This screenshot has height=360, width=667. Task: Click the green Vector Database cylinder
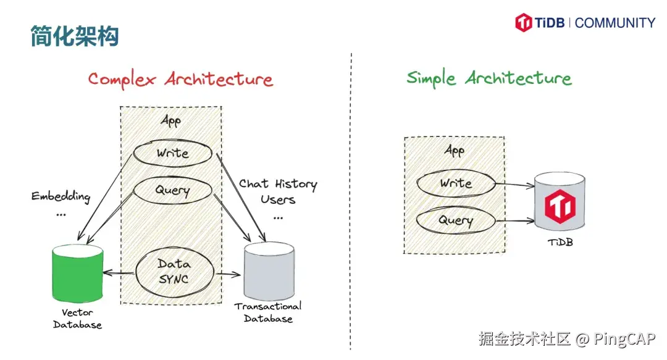(x=77, y=273)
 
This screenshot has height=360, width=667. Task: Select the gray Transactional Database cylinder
(x=269, y=271)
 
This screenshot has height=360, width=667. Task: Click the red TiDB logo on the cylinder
(x=560, y=206)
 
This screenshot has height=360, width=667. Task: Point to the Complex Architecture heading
(x=180, y=80)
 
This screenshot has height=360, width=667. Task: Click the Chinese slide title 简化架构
(x=75, y=36)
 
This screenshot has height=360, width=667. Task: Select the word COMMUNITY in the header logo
(x=615, y=23)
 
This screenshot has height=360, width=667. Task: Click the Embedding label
(x=61, y=196)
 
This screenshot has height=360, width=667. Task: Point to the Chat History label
(x=278, y=184)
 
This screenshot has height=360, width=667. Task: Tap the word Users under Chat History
(x=278, y=199)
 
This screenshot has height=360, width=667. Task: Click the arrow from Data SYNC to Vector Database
(x=119, y=273)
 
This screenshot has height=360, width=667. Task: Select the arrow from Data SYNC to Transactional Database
(x=229, y=274)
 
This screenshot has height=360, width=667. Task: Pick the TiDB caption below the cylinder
(x=560, y=243)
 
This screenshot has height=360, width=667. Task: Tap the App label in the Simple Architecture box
(x=455, y=150)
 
